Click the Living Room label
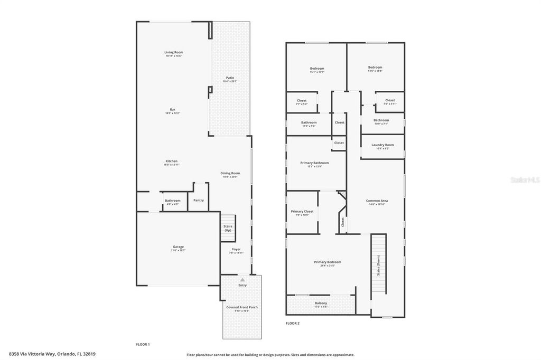[x=173, y=52]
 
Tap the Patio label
[x=230, y=78]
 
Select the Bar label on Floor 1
[x=172, y=109]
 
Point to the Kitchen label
[x=171, y=161]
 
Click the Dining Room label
[x=230, y=173]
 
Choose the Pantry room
[x=199, y=200]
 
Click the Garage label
[x=178, y=247]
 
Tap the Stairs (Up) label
[x=228, y=228]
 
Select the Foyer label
[x=236, y=249]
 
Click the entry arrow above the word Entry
[x=242, y=280]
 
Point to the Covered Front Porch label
[x=242, y=307]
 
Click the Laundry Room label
[x=383, y=145]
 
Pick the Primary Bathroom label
[x=314, y=163]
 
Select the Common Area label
[x=377, y=201]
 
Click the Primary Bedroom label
[x=328, y=262]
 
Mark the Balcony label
[x=321, y=303]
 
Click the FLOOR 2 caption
[x=293, y=323]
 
